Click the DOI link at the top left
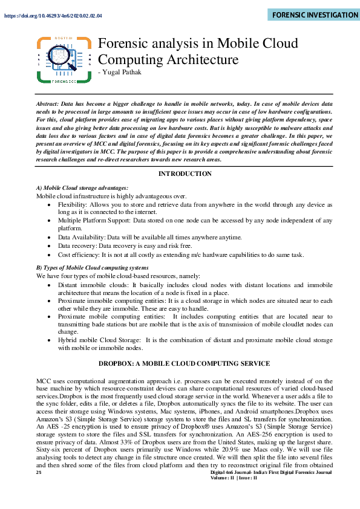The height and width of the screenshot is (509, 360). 53,16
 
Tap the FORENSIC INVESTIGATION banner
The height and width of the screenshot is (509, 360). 313,15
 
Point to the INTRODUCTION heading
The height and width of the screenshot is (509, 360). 185,173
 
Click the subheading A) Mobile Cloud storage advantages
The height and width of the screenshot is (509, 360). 82,188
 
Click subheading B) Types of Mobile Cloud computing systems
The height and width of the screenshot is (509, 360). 92,267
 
